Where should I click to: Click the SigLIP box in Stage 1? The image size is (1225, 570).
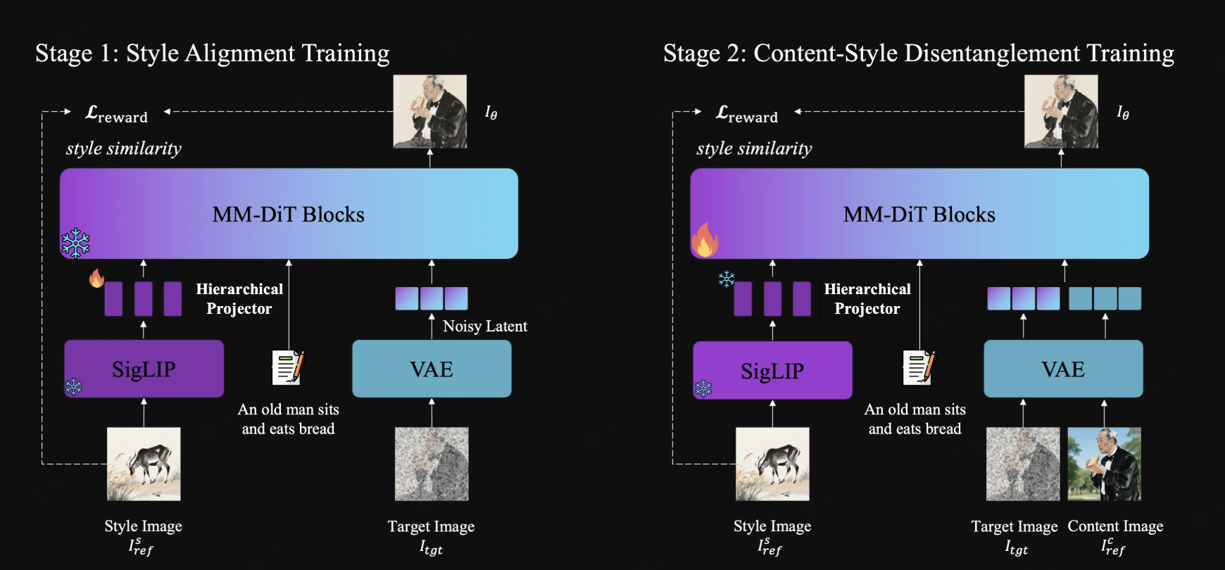pos(144,369)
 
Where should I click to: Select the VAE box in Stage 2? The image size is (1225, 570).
pos(1063,369)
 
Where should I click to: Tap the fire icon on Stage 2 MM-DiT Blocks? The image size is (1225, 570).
pos(704,241)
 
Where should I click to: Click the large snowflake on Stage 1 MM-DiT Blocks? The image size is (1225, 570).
pos(75,243)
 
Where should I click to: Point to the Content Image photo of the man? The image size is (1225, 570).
pos(1104,464)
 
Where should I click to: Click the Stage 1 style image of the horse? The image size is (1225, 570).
pos(144,464)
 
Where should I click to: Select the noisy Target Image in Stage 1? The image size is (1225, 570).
pos(432,464)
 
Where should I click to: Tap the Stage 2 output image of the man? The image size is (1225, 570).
pos(1061,111)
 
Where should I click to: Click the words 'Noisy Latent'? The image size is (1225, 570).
pos(484,326)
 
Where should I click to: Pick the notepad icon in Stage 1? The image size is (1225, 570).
pos(288,367)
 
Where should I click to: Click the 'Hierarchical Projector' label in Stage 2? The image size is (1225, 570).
pos(867,298)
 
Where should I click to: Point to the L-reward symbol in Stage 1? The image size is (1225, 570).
pos(116,113)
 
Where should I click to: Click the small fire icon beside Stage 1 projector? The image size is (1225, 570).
pos(96,279)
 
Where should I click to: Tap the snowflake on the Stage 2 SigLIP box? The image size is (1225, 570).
pos(703,388)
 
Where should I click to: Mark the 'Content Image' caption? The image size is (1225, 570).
pos(1115,526)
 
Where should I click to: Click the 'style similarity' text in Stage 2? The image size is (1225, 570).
pos(754,148)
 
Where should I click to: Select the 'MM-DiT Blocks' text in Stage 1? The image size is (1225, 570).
pos(288,214)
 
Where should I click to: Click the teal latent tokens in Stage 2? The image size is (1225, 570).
pos(1105,298)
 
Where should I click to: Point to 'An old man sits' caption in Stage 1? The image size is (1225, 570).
pos(288,410)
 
